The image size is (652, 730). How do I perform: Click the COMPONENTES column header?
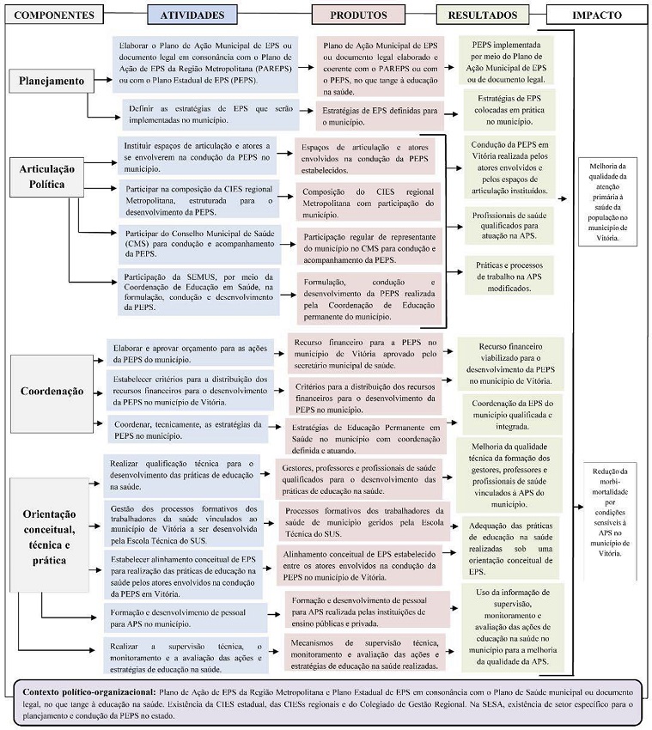53,15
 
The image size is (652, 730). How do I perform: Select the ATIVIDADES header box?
198,15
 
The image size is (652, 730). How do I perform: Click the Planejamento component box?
52,81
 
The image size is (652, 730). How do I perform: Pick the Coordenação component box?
52,390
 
